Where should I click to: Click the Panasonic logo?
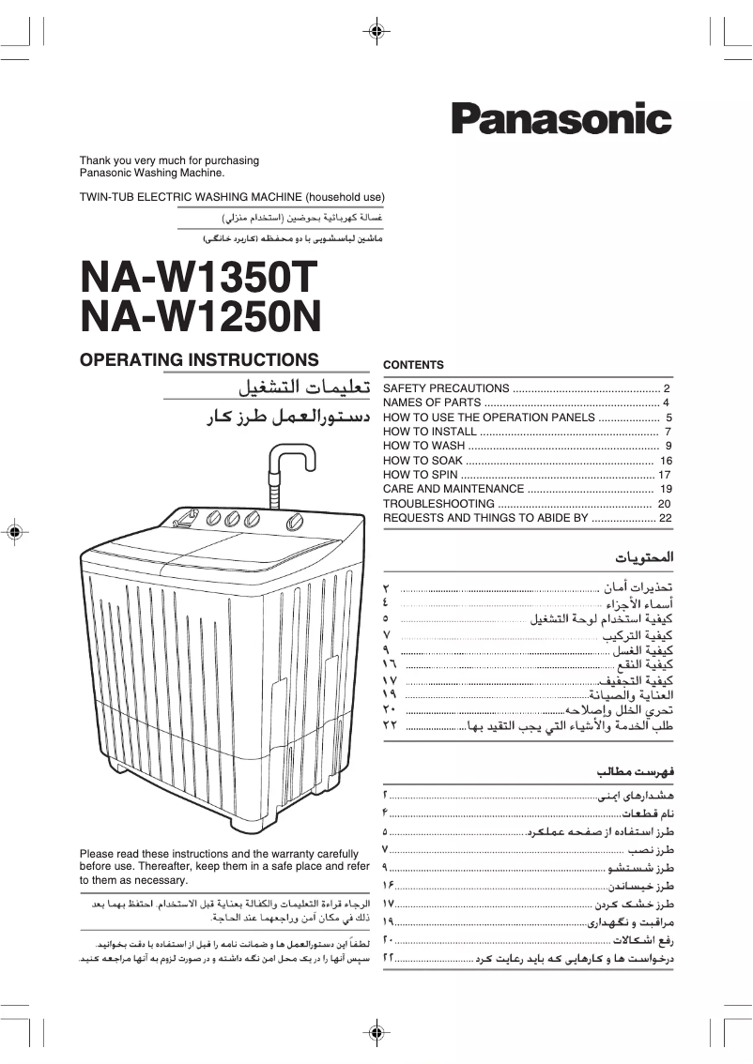click(561, 119)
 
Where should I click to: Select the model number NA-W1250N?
click(201, 318)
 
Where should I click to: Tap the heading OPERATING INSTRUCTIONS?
click(199, 359)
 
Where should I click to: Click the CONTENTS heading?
click(413, 365)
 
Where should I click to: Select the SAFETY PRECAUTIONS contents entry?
click(446, 388)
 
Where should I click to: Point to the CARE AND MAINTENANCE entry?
click(453, 489)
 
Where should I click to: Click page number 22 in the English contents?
click(666, 518)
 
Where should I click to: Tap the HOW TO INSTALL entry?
click(430, 432)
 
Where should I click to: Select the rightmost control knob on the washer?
click(296, 523)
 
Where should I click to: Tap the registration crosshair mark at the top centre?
click(376, 31)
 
